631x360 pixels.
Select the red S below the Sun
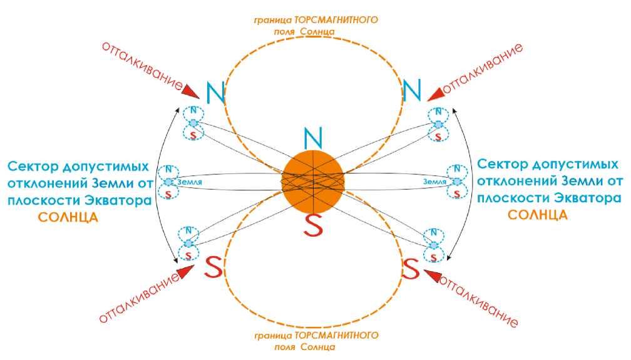[312, 226]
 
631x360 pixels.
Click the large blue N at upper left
[215, 92]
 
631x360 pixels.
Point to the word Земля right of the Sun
[434, 182]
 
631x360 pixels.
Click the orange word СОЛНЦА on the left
[68, 218]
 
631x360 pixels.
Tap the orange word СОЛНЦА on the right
[538, 215]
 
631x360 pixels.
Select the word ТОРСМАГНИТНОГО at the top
[346, 20]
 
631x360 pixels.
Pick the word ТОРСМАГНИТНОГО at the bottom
[346, 336]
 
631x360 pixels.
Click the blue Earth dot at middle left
[169, 182]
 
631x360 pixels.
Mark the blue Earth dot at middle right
[457, 182]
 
